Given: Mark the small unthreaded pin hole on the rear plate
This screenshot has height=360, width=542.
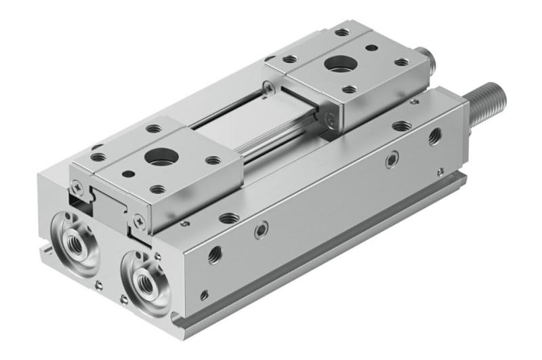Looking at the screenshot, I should tap(370, 48).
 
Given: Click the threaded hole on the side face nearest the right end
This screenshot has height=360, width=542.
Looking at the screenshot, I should tap(434, 137).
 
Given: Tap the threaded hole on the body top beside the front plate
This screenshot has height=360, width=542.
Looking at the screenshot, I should tap(229, 218).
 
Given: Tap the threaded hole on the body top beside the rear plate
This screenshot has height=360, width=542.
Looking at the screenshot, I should tap(402, 126).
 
